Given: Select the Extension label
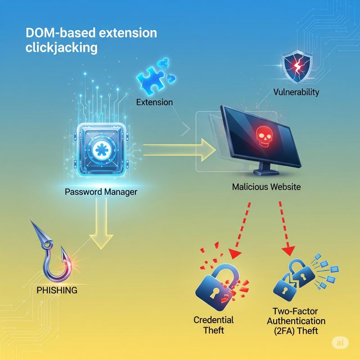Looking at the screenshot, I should pos(154,102).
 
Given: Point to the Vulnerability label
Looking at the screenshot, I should pos(296,92).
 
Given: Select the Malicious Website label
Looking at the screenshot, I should pos(266,186).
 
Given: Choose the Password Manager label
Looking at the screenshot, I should pos(101,192).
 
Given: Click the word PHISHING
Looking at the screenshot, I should pos(56,290).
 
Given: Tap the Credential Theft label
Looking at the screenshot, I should pos(214,325).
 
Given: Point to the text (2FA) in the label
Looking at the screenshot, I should pos(298,331).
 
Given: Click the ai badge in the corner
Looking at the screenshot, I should pos(341,342).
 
